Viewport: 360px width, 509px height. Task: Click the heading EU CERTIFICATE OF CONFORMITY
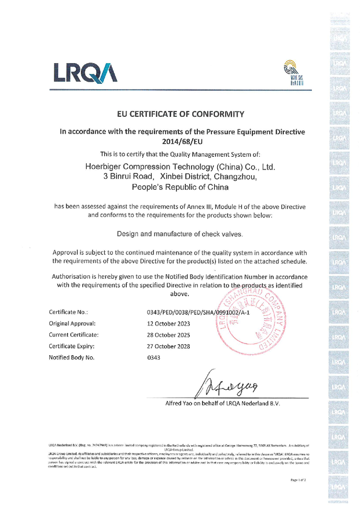click(179, 114)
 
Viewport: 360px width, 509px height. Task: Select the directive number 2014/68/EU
click(179, 141)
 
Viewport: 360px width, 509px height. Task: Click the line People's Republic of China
click(179, 187)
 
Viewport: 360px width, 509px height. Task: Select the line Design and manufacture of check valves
click(179, 234)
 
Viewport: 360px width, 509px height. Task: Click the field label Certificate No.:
click(68, 313)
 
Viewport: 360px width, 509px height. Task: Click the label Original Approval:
click(72, 324)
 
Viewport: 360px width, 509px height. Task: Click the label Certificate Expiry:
click(73, 346)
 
